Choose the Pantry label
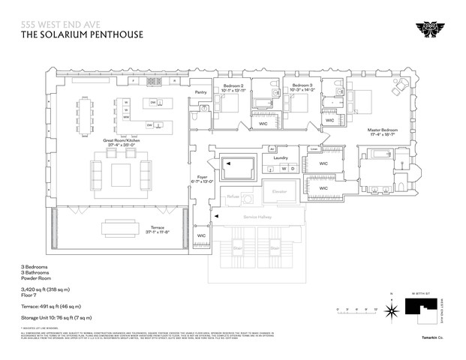tap(200, 93)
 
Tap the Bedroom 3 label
tap(301, 87)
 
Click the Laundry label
tap(281, 158)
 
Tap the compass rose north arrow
tap(390, 308)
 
